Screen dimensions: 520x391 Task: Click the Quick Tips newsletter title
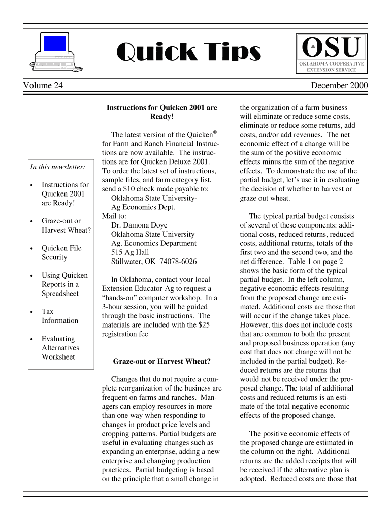tap(188, 51)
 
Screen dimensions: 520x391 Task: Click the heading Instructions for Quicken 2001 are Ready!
tap(161, 112)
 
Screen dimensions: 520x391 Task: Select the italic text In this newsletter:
tap(57, 167)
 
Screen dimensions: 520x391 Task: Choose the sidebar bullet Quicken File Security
tap(61, 253)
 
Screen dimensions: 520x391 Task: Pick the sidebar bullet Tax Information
tap(59, 316)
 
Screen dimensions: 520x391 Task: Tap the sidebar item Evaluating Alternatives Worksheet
tap(60, 348)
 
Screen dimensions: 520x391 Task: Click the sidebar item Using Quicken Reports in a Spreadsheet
tap(64, 284)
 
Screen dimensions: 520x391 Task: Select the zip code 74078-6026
tap(175, 262)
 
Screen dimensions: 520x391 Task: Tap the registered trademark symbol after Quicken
tap(215, 132)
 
